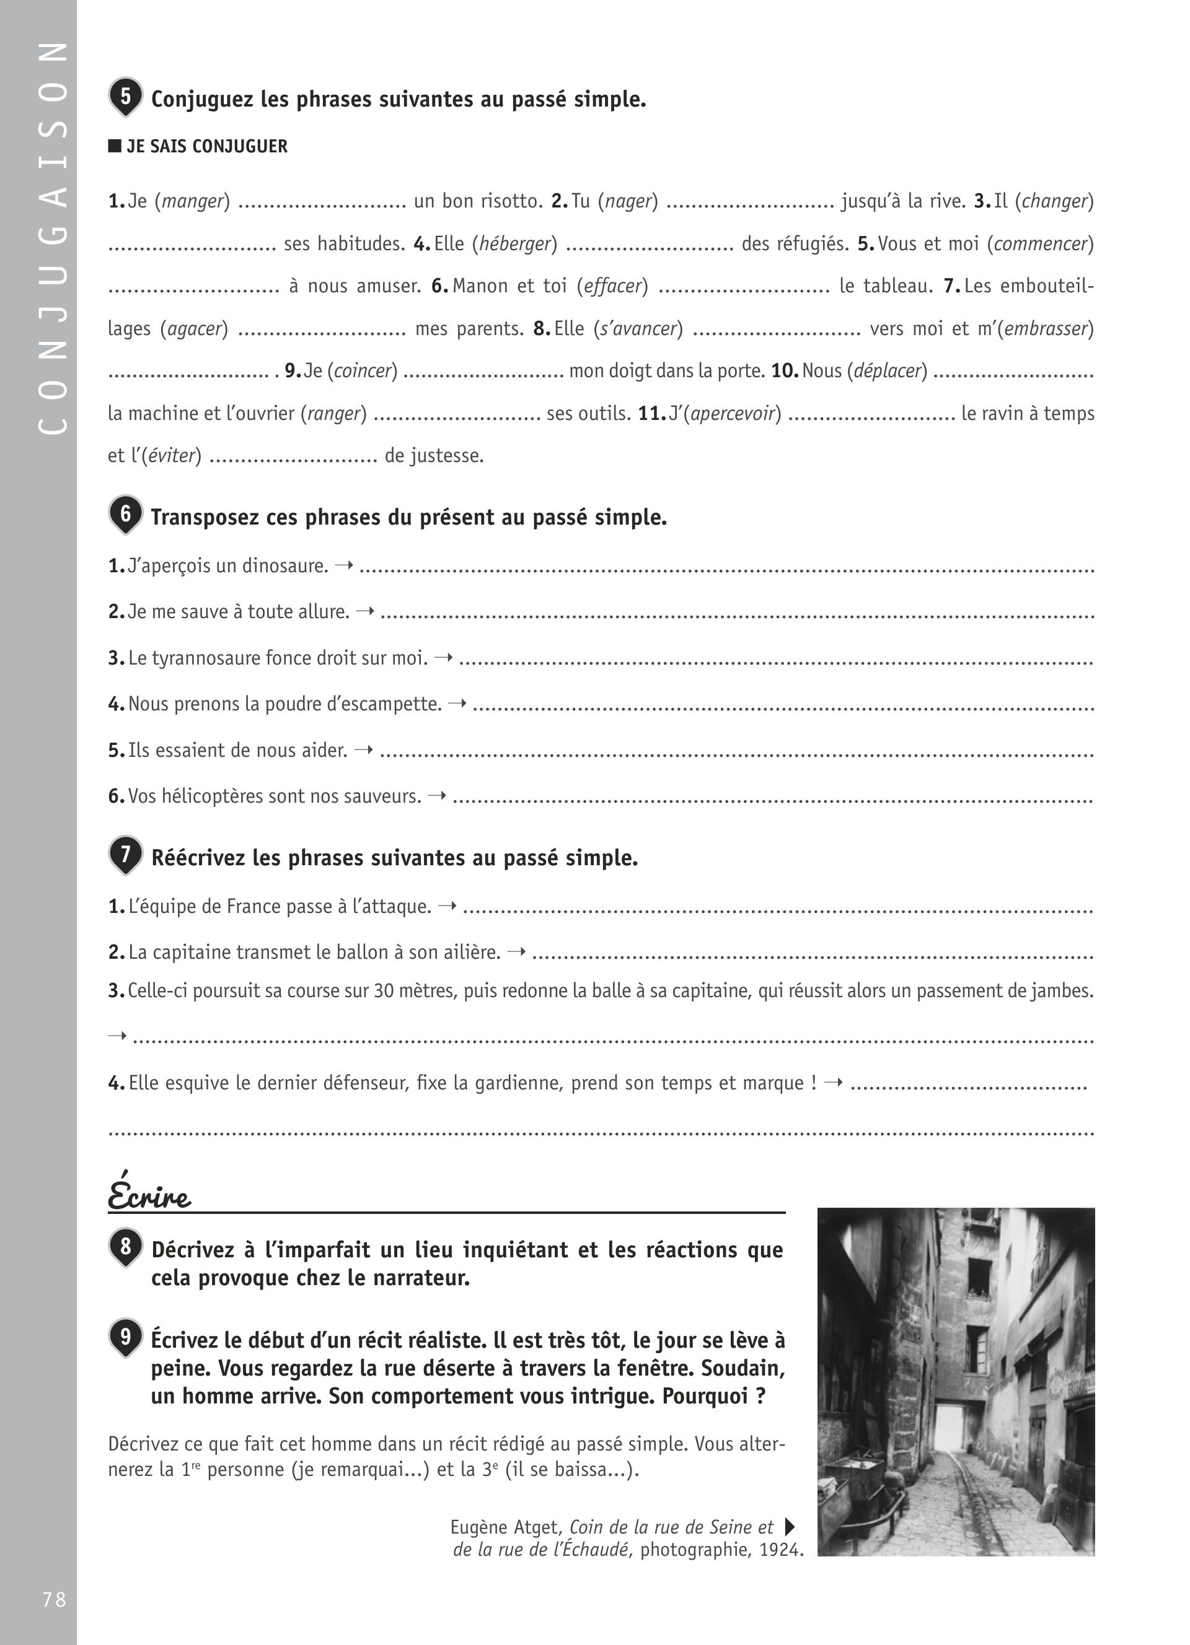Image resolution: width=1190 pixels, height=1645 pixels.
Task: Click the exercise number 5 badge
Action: tap(126, 97)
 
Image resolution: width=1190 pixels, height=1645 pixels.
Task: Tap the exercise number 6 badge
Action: tap(126, 514)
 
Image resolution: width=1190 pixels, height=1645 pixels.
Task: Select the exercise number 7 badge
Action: tap(126, 855)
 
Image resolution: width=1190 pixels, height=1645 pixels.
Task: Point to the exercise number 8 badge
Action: tap(126, 1247)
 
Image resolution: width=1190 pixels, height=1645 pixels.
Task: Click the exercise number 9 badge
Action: tap(126, 1337)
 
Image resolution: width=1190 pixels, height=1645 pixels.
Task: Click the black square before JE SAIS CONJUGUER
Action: tap(115, 146)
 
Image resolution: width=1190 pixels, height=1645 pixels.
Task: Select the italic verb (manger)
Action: tap(192, 201)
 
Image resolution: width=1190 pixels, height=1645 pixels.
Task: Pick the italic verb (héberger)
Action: tap(514, 243)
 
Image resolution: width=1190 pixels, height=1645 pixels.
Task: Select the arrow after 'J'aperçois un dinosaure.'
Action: tap(345, 564)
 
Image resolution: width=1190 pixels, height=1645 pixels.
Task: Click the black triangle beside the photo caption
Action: tap(790, 1527)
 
